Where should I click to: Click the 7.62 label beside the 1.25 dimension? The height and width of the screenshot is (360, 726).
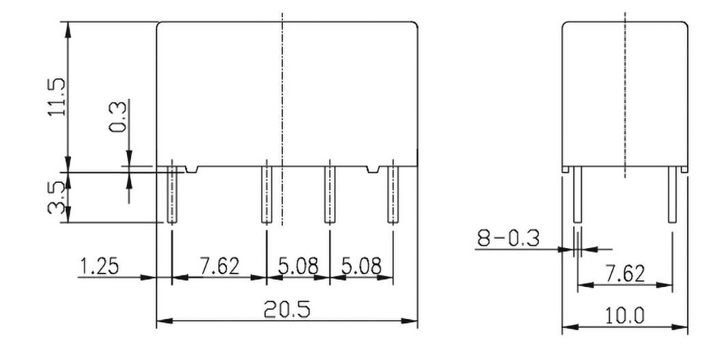pyautogui.click(x=219, y=267)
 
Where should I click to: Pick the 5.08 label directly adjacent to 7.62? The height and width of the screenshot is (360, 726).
pyautogui.click(x=298, y=267)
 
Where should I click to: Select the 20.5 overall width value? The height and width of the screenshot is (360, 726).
pyautogui.click(x=285, y=310)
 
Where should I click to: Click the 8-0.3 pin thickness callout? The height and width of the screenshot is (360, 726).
pyautogui.click(x=508, y=239)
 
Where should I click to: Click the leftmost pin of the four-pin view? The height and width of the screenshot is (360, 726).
pyautogui.click(x=172, y=193)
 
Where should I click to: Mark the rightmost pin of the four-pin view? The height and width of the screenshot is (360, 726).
pyautogui.click(x=391, y=193)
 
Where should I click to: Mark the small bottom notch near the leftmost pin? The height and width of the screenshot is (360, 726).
pyautogui.click(x=193, y=169)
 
